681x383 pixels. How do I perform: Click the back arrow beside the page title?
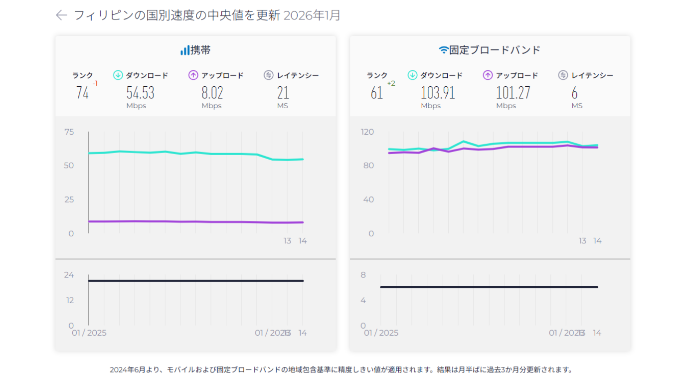61,15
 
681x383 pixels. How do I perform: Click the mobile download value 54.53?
140,93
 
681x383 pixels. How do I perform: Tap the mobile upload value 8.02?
212,93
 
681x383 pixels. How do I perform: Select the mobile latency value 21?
283,93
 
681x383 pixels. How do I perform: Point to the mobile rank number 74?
82,93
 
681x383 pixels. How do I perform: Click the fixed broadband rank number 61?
377,93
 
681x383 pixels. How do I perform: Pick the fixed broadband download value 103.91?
438,93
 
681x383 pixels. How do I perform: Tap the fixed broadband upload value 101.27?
513,93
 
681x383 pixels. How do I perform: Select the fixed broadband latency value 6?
574,93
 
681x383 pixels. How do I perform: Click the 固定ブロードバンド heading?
490,50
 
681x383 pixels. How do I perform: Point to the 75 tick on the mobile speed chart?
69,132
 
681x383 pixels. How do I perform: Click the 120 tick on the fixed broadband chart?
367,132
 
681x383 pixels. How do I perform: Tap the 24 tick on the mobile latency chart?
69,275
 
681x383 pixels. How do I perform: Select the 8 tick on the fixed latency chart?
363,275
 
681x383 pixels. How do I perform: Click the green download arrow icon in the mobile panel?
118,75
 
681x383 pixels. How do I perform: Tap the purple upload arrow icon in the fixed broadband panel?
488,75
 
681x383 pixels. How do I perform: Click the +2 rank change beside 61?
391,83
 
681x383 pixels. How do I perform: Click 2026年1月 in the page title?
312,15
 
